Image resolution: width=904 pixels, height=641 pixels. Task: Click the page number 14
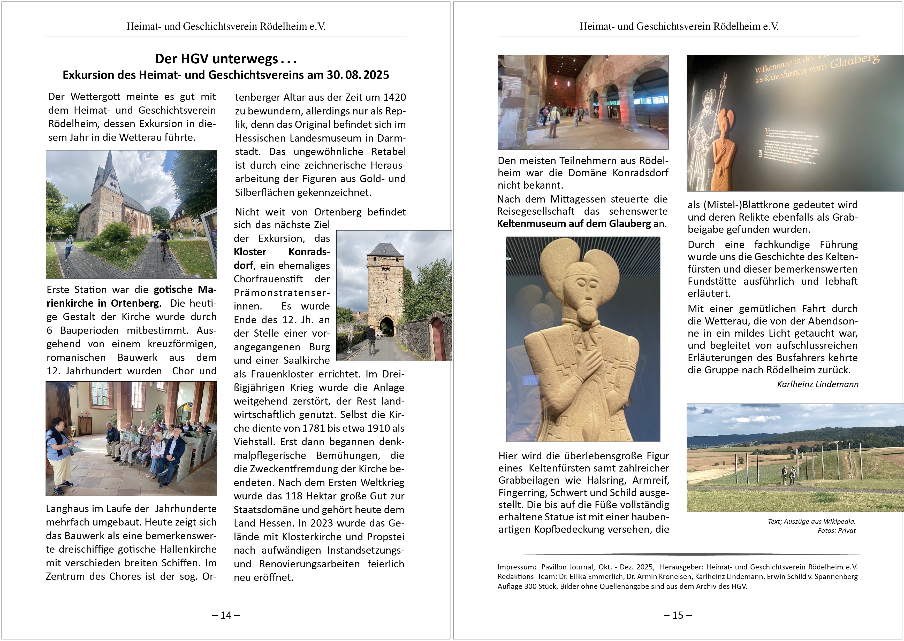coord(225,615)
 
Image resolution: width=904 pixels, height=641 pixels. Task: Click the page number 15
coord(678,615)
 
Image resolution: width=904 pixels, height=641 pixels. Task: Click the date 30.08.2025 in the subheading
coord(358,75)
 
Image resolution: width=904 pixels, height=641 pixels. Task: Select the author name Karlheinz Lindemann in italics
coord(817,384)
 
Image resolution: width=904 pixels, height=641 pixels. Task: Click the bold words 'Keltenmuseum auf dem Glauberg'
coord(573,224)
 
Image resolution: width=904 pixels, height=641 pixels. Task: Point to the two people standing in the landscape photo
coord(788,475)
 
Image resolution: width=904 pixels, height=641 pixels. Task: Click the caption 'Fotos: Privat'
coord(837,530)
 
